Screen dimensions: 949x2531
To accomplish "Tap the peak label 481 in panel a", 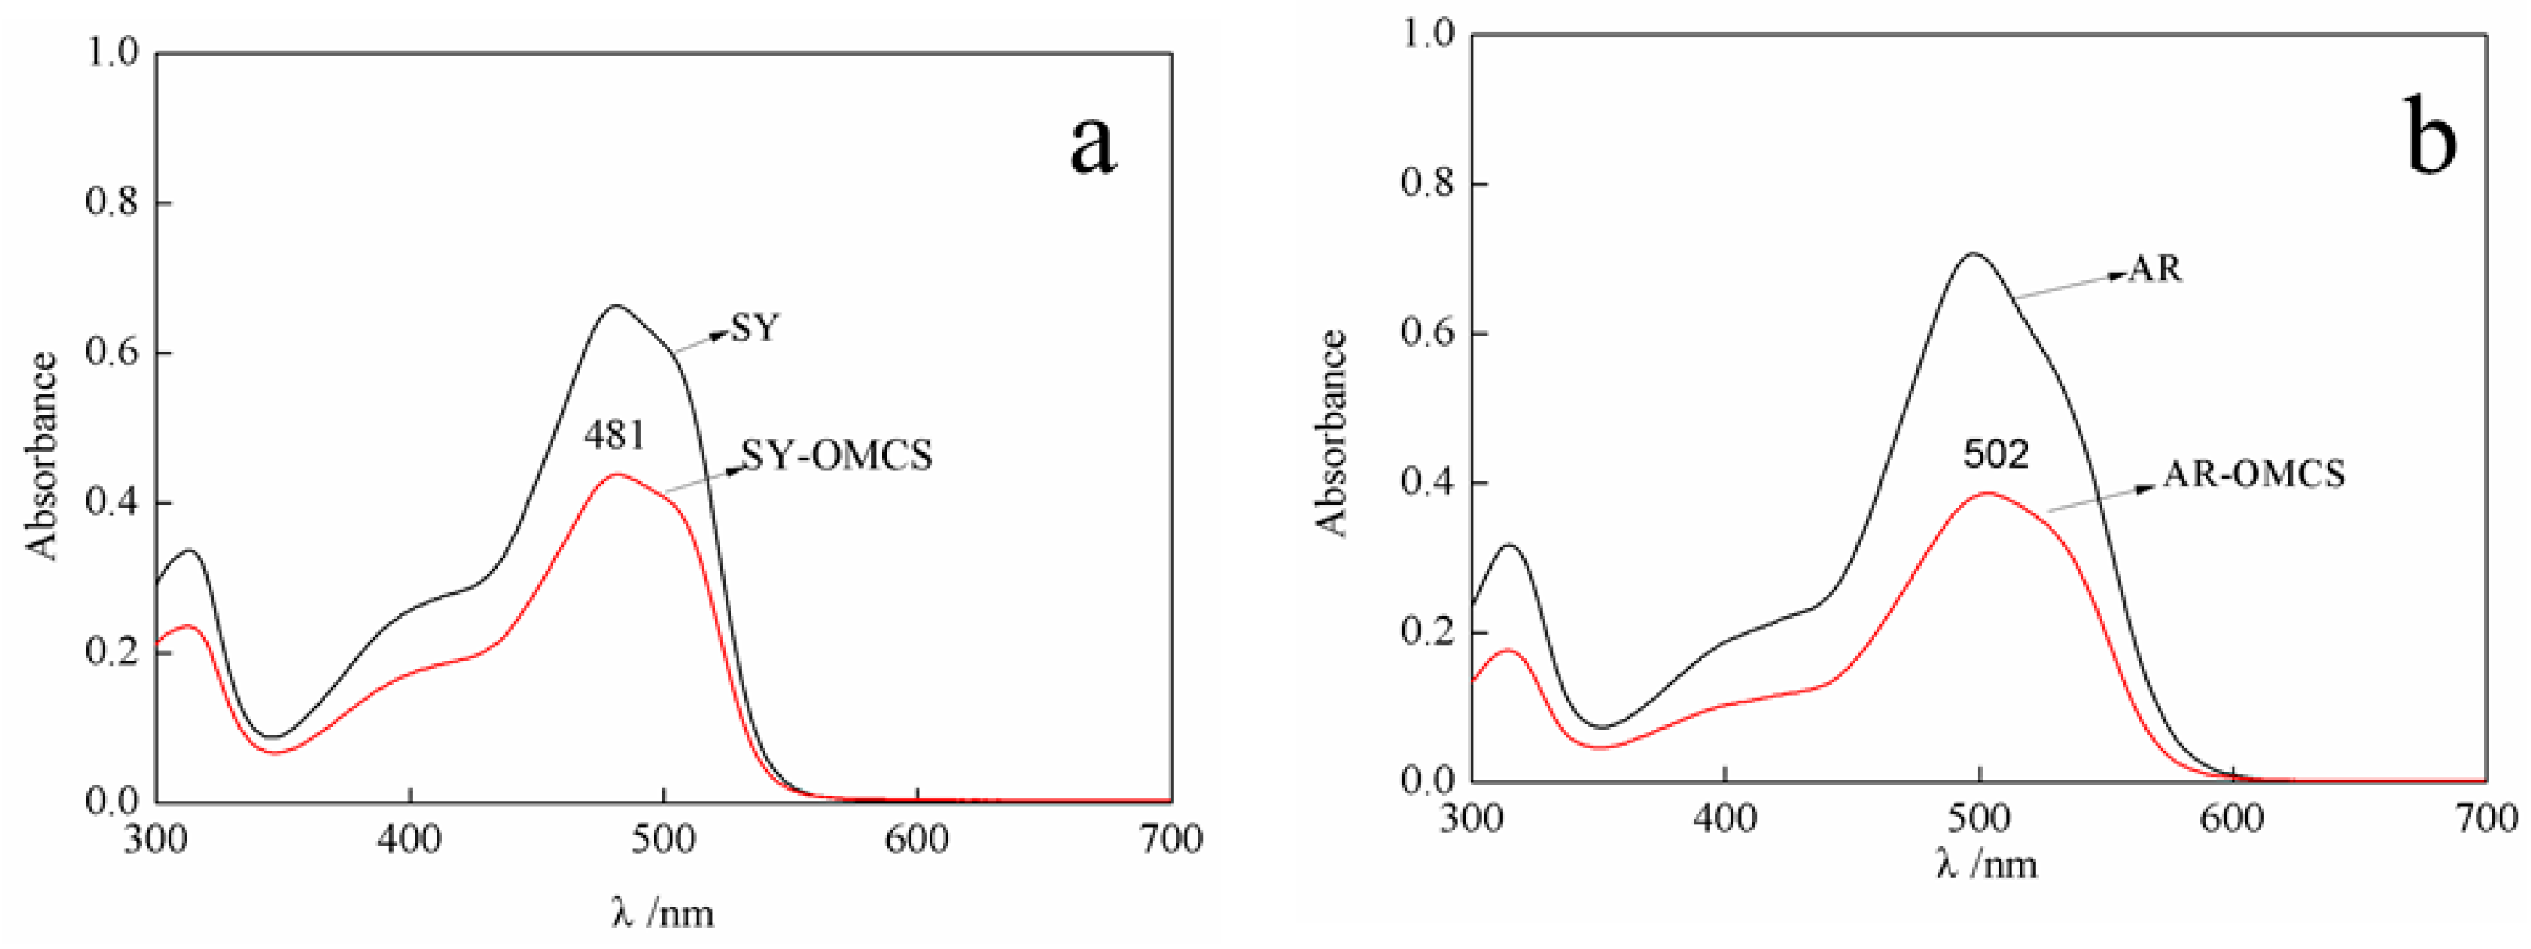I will pos(615,434).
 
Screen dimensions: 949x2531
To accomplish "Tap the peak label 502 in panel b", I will pos(1995,454).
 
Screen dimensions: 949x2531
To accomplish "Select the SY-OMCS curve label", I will pos(836,455).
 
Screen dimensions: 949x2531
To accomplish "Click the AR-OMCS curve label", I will pos(2254,474).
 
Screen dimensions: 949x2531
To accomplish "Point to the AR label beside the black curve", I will pos(2156,269).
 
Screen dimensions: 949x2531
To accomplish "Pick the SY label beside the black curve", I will pos(754,328).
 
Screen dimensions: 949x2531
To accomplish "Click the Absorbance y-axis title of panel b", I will pos(1332,433).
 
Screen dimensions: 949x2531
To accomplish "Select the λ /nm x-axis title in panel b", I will pos(1986,863).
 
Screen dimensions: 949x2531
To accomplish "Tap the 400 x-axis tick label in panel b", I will pos(1724,819).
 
